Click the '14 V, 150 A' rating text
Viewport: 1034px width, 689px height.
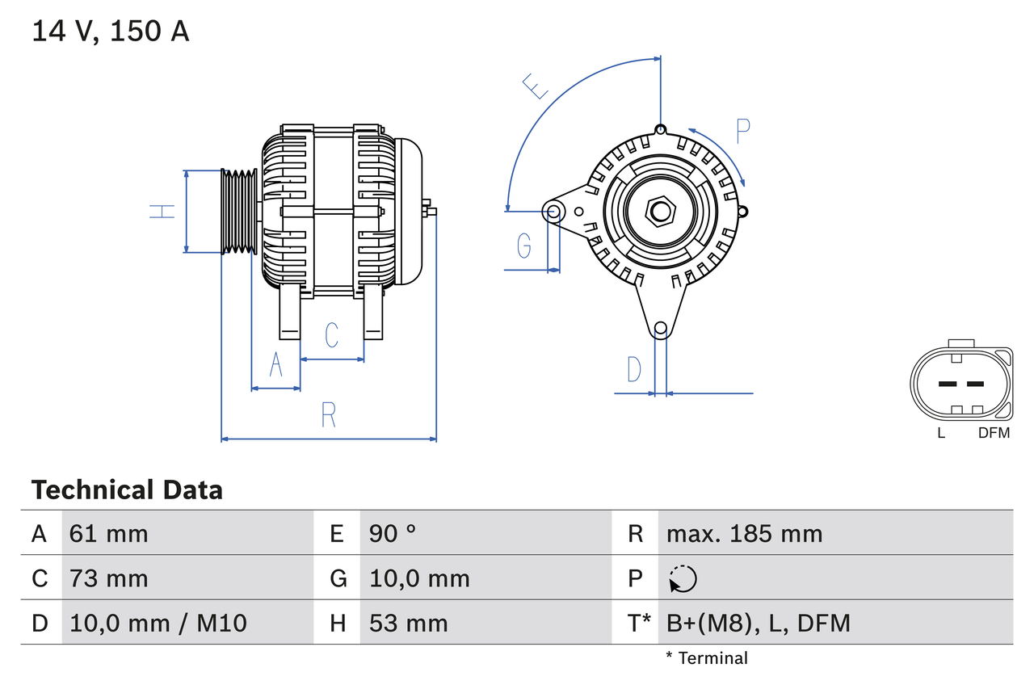pyautogui.click(x=111, y=32)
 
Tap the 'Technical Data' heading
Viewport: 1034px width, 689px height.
pyautogui.click(x=127, y=489)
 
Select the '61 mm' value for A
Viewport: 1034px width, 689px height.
pyautogui.click(x=109, y=533)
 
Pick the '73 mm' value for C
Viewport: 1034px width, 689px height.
pyautogui.click(x=109, y=578)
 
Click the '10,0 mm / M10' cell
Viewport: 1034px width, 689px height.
pyautogui.click(x=158, y=623)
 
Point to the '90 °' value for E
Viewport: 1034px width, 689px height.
pyautogui.click(x=393, y=533)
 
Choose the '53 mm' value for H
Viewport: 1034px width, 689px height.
pyautogui.click(x=408, y=623)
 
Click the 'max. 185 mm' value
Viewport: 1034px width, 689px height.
pyautogui.click(x=744, y=533)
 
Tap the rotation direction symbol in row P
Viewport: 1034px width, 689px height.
pyautogui.click(x=683, y=578)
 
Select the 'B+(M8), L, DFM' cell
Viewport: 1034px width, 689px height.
pyautogui.click(x=758, y=623)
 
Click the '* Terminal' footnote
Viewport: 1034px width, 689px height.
pyautogui.click(x=707, y=657)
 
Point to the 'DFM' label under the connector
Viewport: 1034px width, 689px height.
pyautogui.click(x=994, y=433)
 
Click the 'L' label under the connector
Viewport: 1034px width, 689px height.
pyautogui.click(x=941, y=433)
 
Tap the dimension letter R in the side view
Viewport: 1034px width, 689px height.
pyautogui.click(x=328, y=414)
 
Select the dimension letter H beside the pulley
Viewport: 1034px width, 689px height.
pyautogui.click(x=162, y=212)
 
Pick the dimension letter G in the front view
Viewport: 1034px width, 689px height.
pyautogui.click(x=524, y=245)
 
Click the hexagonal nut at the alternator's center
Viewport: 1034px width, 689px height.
pyautogui.click(x=661, y=212)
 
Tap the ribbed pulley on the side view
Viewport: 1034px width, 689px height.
pyautogui.click(x=239, y=212)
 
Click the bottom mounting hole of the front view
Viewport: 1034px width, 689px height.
pyautogui.click(x=660, y=328)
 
